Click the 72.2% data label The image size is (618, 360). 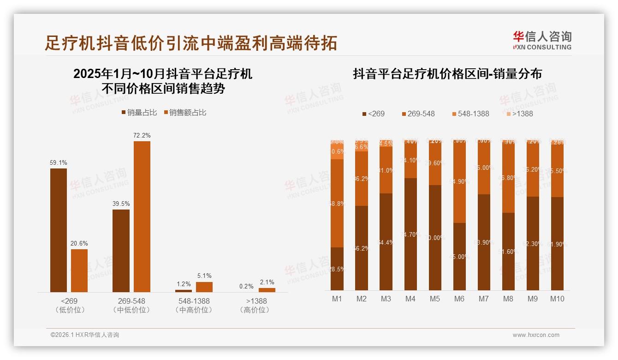(x=142, y=135)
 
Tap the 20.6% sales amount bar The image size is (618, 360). (x=79, y=270)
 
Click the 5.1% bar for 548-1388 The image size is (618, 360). (x=204, y=287)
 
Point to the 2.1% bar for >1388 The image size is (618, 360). (x=267, y=290)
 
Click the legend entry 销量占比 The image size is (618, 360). (x=139, y=113)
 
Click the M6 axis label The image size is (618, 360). (x=459, y=299)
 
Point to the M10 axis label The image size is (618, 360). (x=557, y=299)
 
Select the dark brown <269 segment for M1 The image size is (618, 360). (x=337, y=269)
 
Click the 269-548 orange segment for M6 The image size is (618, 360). (x=459, y=182)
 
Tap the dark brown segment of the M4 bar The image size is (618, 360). (x=410, y=234)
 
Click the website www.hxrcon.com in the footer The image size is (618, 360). (x=535, y=335)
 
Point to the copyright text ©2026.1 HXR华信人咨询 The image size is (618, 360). (x=85, y=335)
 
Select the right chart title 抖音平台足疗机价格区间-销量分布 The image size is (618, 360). (x=447, y=74)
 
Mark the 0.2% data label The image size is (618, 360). (x=246, y=286)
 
